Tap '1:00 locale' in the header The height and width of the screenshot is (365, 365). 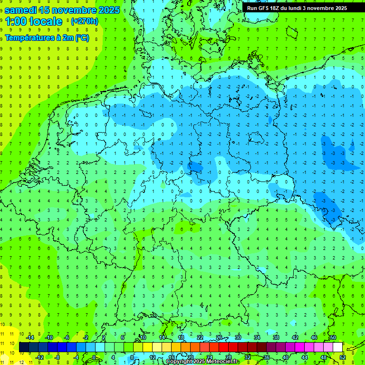tap(34, 21)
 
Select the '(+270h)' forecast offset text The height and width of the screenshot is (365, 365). tap(84, 21)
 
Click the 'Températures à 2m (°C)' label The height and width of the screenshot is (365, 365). tap(47, 38)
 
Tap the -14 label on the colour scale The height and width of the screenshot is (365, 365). tap(29, 337)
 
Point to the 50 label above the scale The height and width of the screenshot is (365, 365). tap(333, 337)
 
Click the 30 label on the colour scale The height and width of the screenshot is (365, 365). tap(238, 337)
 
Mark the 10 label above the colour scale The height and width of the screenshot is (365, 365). tap(143, 337)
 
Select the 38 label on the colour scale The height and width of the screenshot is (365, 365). tap(276, 337)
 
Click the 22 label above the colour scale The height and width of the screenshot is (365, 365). tap(200, 337)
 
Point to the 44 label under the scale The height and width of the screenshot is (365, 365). tap(305, 357)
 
